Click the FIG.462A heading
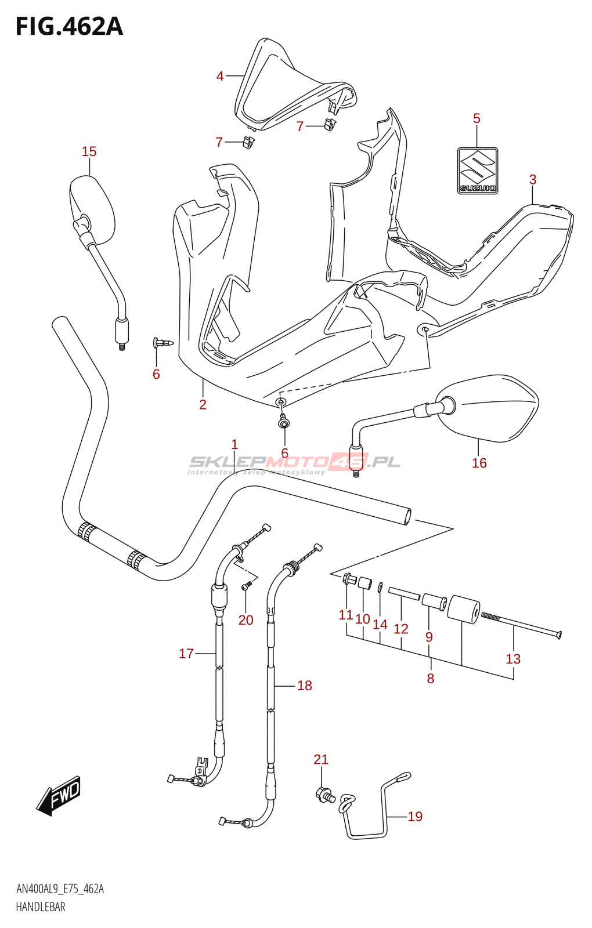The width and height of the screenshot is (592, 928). pyautogui.click(x=69, y=27)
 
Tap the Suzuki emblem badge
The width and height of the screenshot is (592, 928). pyautogui.click(x=477, y=171)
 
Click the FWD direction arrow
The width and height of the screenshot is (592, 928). pyautogui.click(x=59, y=795)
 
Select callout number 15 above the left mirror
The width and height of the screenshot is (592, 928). pyautogui.click(x=89, y=151)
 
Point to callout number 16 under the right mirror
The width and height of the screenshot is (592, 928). pyautogui.click(x=479, y=463)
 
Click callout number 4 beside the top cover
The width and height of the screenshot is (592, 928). pyautogui.click(x=220, y=76)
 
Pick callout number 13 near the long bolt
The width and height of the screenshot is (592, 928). pyautogui.click(x=513, y=659)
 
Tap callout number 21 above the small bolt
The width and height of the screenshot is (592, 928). pyautogui.click(x=321, y=759)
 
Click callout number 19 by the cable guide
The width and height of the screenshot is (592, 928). pyautogui.click(x=415, y=817)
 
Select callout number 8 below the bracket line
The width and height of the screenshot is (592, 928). pyautogui.click(x=430, y=679)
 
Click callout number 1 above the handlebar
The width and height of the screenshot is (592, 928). pyautogui.click(x=234, y=445)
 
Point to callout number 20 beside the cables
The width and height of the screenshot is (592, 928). pyautogui.click(x=246, y=620)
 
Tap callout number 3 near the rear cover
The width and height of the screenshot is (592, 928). pyautogui.click(x=533, y=180)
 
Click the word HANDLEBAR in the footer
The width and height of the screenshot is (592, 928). pyautogui.click(x=41, y=907)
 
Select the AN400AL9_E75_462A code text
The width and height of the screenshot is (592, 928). pyautogui.click(x=60, y=889)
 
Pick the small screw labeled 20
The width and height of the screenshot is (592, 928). pyautogui.click(x=246, y=588)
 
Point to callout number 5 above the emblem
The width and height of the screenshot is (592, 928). pyautogui.click(x=477, y=119)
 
